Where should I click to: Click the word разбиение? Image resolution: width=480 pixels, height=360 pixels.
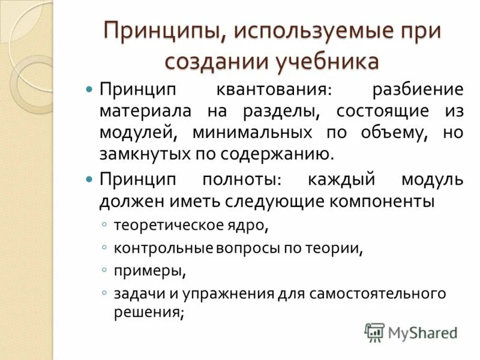click(x=418, y=90)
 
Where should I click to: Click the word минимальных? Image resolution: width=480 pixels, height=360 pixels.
click(x=252, y=132)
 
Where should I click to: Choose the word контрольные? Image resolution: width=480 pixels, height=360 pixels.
click(x=157, y=247)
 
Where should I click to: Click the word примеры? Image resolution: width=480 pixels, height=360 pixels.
click(x=149, y=270)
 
